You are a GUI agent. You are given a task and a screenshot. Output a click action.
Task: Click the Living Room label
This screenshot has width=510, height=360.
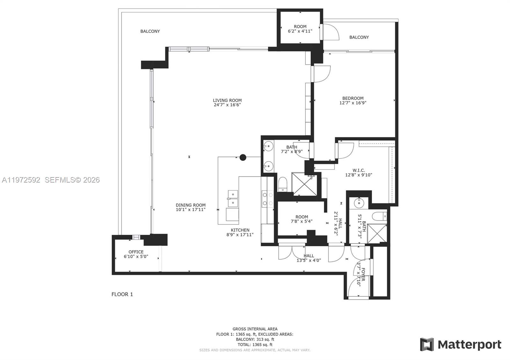pos(227,100)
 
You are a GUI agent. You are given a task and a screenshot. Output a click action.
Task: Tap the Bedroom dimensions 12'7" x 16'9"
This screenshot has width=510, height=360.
pos(353,103)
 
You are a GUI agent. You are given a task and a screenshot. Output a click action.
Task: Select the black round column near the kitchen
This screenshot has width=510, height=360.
pos(243,157)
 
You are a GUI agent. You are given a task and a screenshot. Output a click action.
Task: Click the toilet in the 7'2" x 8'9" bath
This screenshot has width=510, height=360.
pos(282,184)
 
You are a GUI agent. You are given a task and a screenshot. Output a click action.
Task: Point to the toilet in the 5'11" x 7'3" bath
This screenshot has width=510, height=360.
pos(380,216)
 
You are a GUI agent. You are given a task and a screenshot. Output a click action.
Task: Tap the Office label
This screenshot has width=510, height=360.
pos(136,252)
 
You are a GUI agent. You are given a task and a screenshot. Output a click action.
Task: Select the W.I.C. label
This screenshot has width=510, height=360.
pos(359,170)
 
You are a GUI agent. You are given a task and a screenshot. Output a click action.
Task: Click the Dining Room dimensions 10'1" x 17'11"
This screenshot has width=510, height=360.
pos(190,210)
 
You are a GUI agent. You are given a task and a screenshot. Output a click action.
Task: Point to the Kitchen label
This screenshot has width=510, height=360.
pos(240,230)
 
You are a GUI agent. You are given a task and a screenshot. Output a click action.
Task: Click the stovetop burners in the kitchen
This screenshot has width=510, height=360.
pos(267,198)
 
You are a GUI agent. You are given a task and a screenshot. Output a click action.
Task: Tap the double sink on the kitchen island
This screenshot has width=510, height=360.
pos(233,198)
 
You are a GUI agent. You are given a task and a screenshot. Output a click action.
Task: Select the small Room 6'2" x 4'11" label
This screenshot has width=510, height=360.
pos(300,26)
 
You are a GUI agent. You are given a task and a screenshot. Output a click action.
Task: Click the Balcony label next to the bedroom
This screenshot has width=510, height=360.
pos(359,37)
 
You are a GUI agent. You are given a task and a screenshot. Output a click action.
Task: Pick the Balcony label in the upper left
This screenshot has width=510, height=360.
pos(150,31)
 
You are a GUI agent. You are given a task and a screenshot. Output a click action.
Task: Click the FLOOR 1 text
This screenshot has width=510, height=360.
pos(122,294)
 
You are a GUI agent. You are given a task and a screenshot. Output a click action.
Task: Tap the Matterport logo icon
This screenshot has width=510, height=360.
pos(427,344)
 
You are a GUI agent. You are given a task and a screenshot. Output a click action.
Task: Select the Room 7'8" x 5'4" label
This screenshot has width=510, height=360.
pos(302,217)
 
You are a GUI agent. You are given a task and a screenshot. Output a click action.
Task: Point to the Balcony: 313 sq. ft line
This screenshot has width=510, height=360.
pos(255,340)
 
